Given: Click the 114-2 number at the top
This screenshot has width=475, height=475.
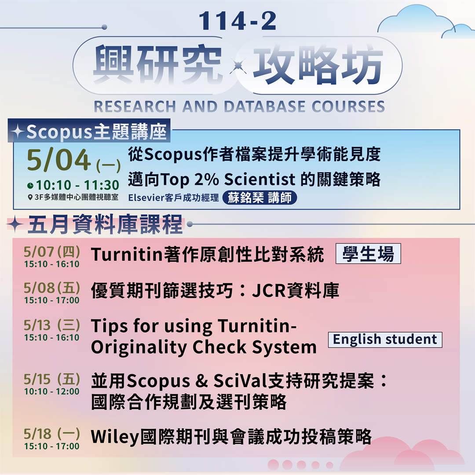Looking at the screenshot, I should click(x=237, y=21).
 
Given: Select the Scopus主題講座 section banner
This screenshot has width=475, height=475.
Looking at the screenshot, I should click(x=89, y=132).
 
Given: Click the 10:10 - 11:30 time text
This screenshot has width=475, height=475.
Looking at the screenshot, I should click(x=77, y=185).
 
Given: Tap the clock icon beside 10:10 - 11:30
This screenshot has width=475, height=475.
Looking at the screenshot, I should click(x=30, y=186).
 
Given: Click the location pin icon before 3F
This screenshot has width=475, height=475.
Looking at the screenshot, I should click(x=30, y=197).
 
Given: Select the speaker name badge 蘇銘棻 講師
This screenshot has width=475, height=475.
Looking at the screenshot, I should click(x=259, y=197).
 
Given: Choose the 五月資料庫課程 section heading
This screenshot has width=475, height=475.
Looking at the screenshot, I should click(x=105, y=225).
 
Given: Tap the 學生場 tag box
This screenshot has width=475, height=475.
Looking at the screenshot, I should click(x=368, y=254).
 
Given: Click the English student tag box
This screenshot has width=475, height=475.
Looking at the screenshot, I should click(x=385, y=340).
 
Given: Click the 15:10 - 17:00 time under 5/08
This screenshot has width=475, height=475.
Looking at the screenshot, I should click(x=52, y=300).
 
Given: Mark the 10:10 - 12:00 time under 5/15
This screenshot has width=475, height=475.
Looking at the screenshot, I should click(x=52, y=391).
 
